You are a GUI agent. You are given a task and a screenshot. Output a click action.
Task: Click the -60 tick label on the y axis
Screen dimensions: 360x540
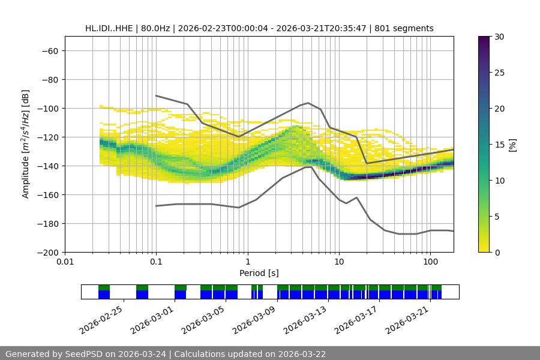tap(49, 50)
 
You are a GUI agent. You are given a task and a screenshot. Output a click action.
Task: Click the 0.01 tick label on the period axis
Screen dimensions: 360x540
tap(65, 262)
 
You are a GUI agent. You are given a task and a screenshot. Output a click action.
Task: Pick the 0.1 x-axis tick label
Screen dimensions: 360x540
tap(156, 262)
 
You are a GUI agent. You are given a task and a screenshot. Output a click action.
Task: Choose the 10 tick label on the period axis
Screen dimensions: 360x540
tap(339, 262)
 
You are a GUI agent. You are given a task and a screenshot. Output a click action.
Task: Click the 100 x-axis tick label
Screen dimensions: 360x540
tap(430, 262)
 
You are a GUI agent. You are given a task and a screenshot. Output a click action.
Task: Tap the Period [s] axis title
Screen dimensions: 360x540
tap(259, 273)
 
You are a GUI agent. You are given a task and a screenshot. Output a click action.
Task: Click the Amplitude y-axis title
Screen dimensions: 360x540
tap(26, 144)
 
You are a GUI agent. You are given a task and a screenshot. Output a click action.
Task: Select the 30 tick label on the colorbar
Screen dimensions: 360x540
tap(499, 37)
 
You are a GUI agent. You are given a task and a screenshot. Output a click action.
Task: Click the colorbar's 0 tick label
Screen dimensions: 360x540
tap(496, 252)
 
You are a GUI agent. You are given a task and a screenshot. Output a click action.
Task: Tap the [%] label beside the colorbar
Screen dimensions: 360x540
tap(512, 144)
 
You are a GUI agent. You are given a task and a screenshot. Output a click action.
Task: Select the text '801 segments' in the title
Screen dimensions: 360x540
tap(404, 28)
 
